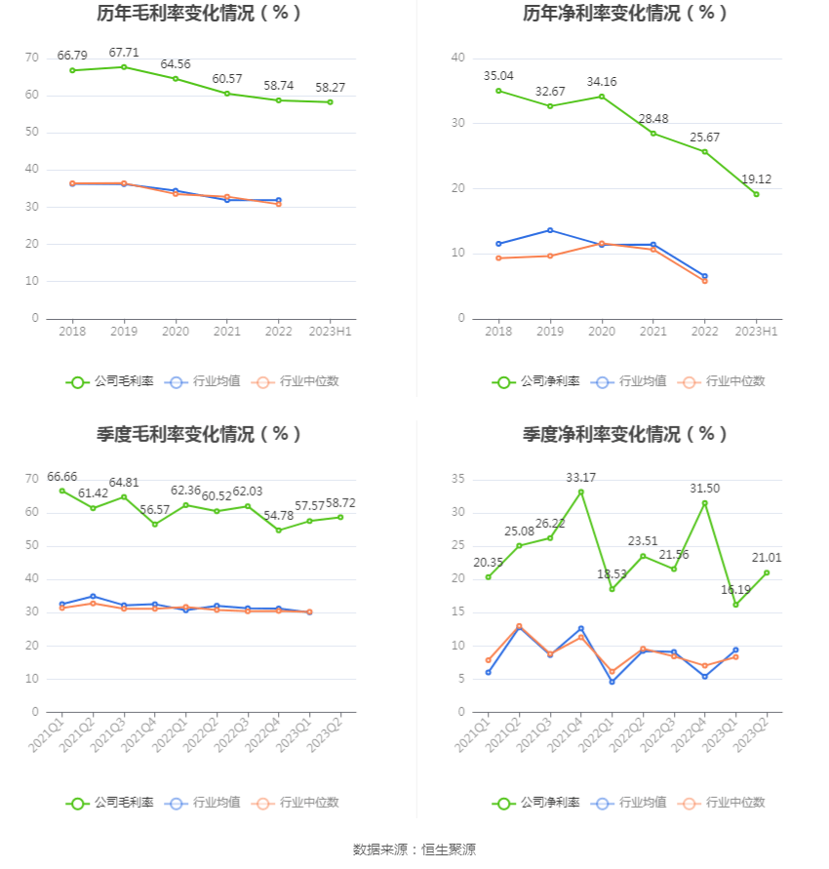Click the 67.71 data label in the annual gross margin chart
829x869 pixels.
(124, 53)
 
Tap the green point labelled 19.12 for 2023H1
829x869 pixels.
(756, 194)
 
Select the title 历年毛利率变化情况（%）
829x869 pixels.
(199, 14)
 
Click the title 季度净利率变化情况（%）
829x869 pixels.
(625, 434)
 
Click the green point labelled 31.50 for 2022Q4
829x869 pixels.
(705, 503)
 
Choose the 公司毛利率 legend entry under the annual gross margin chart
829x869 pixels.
(110, 382)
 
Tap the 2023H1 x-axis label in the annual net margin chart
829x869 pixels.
(756, 332)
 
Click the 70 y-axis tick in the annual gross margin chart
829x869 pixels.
(32, 58)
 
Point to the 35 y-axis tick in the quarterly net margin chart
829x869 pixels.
(457, 479)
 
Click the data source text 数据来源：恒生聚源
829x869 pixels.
(414, 849)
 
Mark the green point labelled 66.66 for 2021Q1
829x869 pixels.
(62, 491)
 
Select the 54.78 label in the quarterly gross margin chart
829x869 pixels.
(279, 515)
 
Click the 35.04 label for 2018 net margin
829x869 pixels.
(498, 75)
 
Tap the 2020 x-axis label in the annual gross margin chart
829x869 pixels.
(176, 332)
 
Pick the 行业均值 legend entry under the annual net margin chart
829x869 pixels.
(633, 382)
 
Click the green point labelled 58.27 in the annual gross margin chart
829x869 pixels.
(330, 102)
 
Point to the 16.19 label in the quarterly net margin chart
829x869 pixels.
(736, 589)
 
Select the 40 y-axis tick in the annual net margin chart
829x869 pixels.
(457, 58)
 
